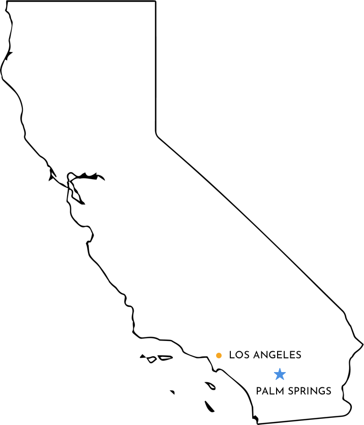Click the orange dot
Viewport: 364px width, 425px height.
[219, 355]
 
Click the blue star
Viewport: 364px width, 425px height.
[280, 375]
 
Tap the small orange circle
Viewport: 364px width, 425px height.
[219, 355]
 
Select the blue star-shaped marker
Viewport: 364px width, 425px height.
[280, 375]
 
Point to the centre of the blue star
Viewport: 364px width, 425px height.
[280, 375]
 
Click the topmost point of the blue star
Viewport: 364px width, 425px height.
[280, 369]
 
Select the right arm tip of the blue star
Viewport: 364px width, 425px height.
[286, 373]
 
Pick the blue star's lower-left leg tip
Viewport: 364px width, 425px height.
[276, 380]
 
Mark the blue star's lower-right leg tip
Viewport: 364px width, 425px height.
[283, 380]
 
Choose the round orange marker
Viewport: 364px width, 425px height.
[219, 355]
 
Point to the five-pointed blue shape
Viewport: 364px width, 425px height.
[280, 375]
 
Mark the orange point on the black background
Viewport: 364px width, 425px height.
[219, 355]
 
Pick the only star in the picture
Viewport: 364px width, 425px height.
[280, 375]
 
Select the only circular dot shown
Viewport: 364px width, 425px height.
[219, 355]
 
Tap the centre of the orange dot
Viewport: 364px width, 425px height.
[219, 355]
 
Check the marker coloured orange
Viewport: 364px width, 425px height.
[219, 355]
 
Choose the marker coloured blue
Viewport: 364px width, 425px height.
[280, 375]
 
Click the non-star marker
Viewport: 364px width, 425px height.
[219, 355]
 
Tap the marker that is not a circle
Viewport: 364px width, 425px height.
[280, 375]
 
